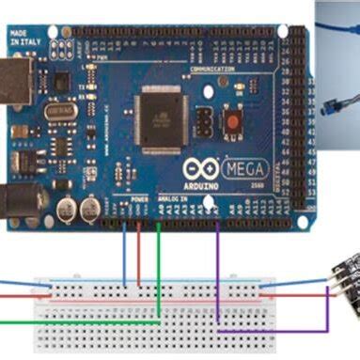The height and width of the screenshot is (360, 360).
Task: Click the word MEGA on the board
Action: click(246, 169)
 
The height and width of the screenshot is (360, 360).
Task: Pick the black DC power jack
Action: click(19, 199)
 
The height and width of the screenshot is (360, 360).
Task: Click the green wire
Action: click(158, 273)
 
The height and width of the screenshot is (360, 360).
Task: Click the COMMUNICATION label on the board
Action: click(212, 70)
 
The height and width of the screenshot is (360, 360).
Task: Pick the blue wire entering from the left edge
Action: click(14, 280)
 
